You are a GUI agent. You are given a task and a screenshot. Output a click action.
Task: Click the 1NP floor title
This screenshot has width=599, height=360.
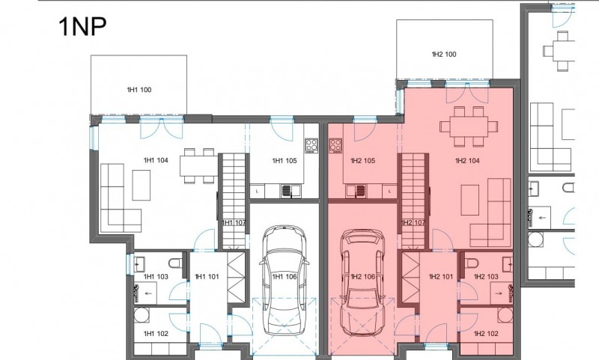[x=82, y=26]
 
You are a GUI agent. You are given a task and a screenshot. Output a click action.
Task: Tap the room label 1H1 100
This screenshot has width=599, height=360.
[x=139, y=90]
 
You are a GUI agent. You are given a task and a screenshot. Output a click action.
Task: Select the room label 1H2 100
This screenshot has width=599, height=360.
[x=444, y=54]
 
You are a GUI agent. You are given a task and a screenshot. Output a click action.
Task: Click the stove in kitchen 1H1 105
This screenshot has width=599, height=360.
[x=311, y=145]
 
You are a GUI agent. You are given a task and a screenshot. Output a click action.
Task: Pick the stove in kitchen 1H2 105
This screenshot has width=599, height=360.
[x=335, y=145]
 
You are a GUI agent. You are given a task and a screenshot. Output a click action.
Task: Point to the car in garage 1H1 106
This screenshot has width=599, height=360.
[x=285, y=281]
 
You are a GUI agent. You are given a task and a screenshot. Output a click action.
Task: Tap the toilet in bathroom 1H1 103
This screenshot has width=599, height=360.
[x=176, y=263]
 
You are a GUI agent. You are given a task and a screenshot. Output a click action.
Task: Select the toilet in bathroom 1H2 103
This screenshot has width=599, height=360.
[x=472, y=263]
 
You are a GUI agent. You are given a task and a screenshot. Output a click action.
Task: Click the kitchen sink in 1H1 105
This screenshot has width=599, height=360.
[x=287, y=191]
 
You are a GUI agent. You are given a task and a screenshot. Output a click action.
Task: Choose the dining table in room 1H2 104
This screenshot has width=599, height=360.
[x=469, y=126]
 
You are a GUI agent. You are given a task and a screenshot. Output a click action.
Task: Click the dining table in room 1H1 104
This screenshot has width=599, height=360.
[x=199, y=166]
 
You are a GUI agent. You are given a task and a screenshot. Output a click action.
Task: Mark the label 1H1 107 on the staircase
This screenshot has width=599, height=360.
[x=234, y=222]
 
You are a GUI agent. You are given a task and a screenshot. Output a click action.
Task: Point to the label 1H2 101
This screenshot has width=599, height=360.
[x=441, y=276]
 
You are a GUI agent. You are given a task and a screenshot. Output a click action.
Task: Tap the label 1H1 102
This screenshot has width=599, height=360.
[x=156, y=334]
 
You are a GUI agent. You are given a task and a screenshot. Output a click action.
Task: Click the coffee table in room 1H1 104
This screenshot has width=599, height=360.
[x=142, y=185]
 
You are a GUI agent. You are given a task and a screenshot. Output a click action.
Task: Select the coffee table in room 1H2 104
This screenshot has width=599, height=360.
[x=470, y=200]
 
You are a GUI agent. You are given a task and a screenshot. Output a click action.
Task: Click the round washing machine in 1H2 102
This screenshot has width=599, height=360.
[x=505, y=315]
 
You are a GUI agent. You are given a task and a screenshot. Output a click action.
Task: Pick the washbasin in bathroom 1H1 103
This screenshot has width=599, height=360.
[x=139, y=263]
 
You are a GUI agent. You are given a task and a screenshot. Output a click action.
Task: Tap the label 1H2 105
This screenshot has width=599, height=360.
[x=363, y=161]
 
